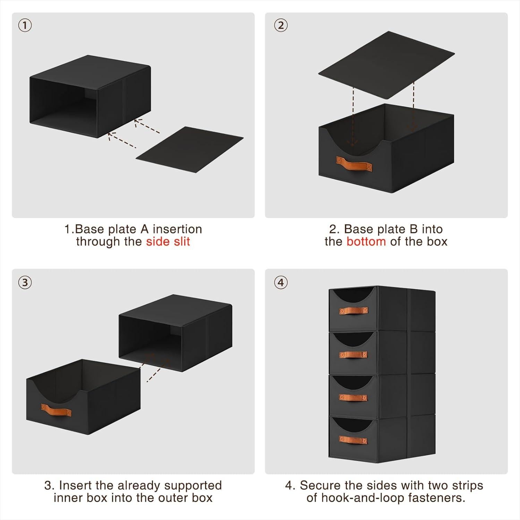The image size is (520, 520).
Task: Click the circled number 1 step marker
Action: (x=25, y=25)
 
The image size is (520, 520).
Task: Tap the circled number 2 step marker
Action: (x=281, y=25)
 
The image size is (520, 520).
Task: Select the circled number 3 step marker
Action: (x=25, y=282)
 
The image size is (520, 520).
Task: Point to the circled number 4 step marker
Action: (x=281, y=282)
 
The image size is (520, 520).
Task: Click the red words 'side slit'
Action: (x=168, y=241)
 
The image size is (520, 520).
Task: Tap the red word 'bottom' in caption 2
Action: (x=366, y=241)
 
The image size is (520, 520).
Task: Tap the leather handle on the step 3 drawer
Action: (x=56, y=411)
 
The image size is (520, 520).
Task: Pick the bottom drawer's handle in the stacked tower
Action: (x=353, y=439)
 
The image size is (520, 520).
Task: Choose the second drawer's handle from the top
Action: (x=353, y=355)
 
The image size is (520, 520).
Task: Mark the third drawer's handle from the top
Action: (x=353, y=397)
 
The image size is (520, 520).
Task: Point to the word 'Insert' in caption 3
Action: (x=75, y=485)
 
